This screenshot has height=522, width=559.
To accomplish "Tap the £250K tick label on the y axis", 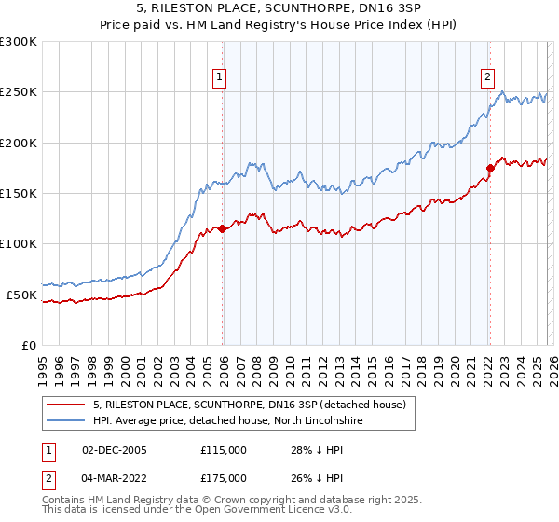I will pyautogui.click(x=19, y=92).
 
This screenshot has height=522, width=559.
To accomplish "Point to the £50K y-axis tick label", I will pyautogui.click(x=21, y=295).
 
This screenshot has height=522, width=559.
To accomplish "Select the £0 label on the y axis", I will pyautogui.click(x=29, y=345).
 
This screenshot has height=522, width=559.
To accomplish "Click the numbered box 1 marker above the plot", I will pyautogui.click(x=220, y=77).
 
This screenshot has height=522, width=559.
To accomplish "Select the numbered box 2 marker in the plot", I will pyautogui.click(x=487, y=77).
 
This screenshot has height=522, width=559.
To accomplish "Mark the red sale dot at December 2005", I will pyautogui.click(x=222, y=228).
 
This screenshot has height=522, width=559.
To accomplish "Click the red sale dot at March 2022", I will pyautogui.click(x=489, y=168).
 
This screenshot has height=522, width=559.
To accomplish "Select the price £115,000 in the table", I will pyautogui.click(x=224, y=450).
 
